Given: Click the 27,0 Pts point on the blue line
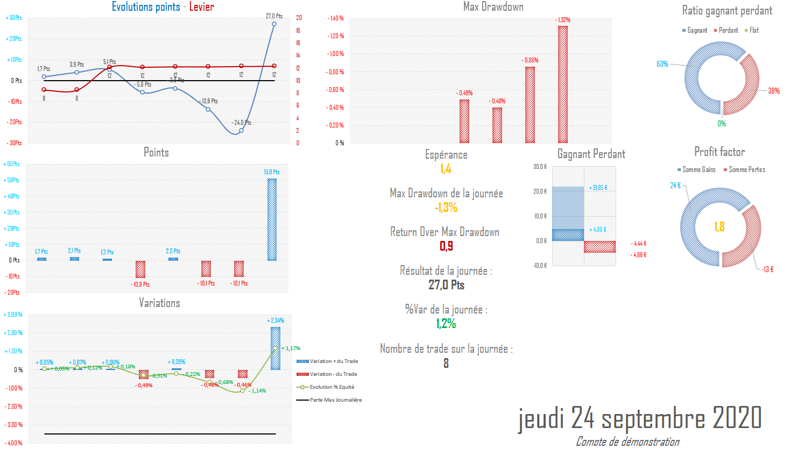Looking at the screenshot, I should (274, 24).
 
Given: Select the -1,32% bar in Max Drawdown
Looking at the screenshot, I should (563, 84).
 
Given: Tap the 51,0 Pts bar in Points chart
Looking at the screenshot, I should (272, 219).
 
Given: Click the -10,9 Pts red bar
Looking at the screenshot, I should (140, 269).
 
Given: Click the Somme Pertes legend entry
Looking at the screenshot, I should (746, 170).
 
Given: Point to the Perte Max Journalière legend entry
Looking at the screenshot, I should (336, 400).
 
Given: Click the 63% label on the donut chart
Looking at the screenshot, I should (662, 64).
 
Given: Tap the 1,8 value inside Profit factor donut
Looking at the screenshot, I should (720, 227).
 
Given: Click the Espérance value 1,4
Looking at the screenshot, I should (446, 169).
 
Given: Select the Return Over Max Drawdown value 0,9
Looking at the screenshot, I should (446, 246).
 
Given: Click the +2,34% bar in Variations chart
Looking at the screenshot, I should (275, 348).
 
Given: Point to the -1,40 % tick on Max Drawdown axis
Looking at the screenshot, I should (335, 18).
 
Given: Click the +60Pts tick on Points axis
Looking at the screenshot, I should (12, 164).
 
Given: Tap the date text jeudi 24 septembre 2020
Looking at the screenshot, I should (640, 418).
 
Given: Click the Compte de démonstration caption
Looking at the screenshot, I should (627, 441).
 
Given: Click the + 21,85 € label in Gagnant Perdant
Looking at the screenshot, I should (599, 188).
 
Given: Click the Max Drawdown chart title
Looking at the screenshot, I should (493, 7).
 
